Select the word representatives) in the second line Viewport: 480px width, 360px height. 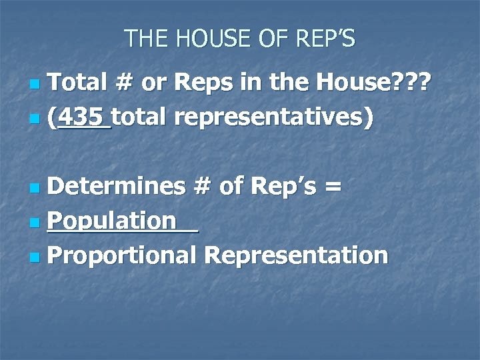point(277,118)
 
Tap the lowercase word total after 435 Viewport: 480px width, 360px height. point(141,118)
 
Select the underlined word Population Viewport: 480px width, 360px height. point(113,221)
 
